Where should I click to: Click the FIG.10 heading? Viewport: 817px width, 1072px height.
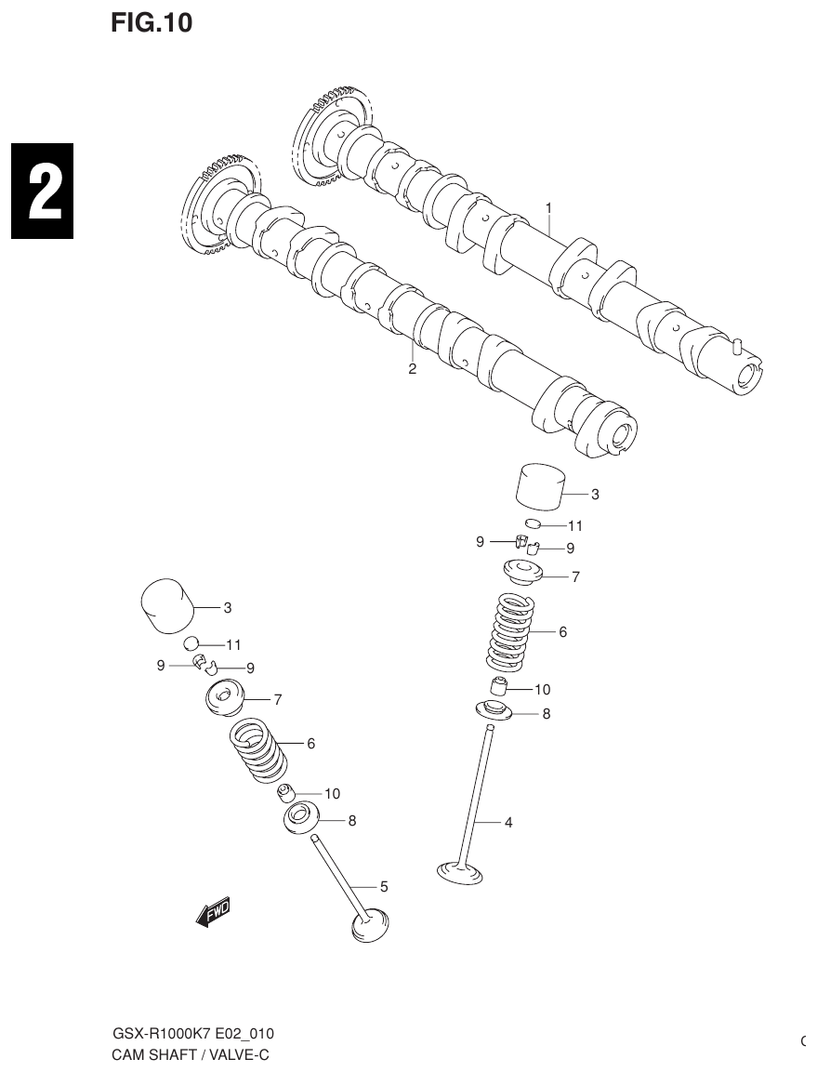(x=152, y=23)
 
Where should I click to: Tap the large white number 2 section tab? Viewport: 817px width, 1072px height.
(x=43, y=192)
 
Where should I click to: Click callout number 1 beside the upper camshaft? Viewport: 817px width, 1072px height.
(x=549, y=207)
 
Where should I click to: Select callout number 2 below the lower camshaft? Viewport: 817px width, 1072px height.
(x=412, y=368)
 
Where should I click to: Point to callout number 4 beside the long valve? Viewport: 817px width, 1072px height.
(x=508, y=822)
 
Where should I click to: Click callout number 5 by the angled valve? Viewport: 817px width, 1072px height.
(x=383, y=887)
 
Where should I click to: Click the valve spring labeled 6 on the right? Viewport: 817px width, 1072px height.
(x=511, y=632)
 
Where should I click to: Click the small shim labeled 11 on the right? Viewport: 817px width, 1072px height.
(x=533, y=524)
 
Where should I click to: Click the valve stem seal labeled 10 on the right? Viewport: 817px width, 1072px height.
(x=499, y=689)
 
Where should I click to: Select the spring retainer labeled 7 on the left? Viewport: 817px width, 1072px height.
(x=223, y=696)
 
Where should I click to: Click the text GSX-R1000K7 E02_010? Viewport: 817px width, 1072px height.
(x=193, y=1034)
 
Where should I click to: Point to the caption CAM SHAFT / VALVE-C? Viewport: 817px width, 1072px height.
(x=191, y=1055)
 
